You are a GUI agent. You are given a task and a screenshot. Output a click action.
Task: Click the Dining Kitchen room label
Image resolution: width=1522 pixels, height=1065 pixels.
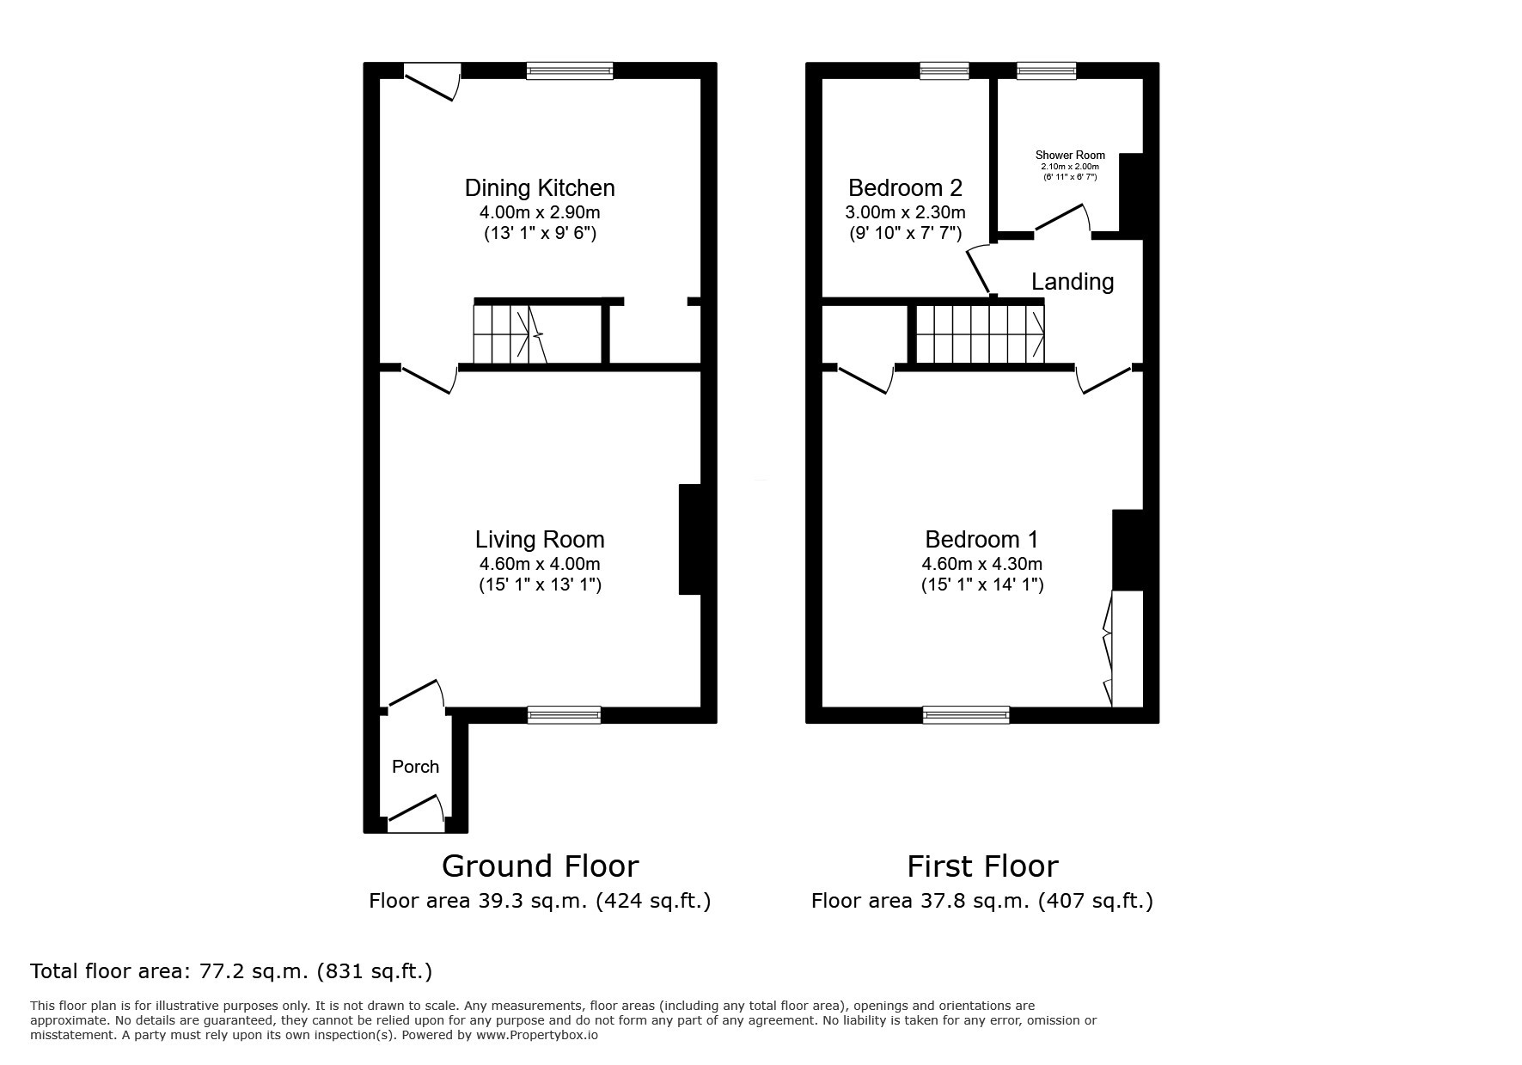point(540,188)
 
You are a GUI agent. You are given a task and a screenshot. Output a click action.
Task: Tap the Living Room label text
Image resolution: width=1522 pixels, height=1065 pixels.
point(540,540)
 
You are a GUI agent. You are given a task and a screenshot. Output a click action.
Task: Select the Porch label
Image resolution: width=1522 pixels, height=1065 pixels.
point(415,767)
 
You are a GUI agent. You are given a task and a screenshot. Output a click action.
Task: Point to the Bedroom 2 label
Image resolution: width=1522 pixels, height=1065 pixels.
point(905,188)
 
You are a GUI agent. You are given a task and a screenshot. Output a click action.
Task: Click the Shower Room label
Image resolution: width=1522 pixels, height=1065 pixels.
point(1070,156)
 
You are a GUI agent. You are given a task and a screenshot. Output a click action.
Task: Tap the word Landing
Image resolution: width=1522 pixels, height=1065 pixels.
point(1073,282)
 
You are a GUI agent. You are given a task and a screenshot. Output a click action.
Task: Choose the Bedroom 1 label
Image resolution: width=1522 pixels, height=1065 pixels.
point(981,540)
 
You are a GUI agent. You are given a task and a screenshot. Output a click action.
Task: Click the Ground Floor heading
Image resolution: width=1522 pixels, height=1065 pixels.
point(540,866)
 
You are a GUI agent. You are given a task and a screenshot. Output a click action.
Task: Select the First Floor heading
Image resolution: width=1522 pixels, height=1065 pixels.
point(982,866)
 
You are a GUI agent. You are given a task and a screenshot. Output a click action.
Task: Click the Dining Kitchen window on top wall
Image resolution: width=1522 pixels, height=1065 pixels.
point(570,71)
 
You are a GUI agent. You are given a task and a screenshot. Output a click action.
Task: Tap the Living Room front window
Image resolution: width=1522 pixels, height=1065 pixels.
point(564,714)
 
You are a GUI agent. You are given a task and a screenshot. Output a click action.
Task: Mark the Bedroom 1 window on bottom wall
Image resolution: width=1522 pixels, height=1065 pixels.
point(966,714)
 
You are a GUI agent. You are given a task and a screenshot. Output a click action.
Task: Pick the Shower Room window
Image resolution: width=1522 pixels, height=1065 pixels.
point(1046,71)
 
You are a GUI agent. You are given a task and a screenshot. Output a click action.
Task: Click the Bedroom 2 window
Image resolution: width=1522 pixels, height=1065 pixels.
point(944,71)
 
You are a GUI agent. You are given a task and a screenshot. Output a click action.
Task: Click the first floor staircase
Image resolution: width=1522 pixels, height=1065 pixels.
point(980,335)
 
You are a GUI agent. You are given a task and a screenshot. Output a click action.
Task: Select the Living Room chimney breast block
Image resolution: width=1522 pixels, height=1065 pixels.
point(690,540)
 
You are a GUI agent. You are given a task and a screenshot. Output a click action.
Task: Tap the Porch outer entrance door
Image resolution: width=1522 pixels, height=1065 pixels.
point(416,814)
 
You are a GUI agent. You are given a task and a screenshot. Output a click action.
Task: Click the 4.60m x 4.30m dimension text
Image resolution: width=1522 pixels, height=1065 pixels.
point(981,565)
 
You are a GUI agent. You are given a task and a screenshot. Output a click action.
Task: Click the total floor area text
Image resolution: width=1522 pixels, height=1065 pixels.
point(231,972)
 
